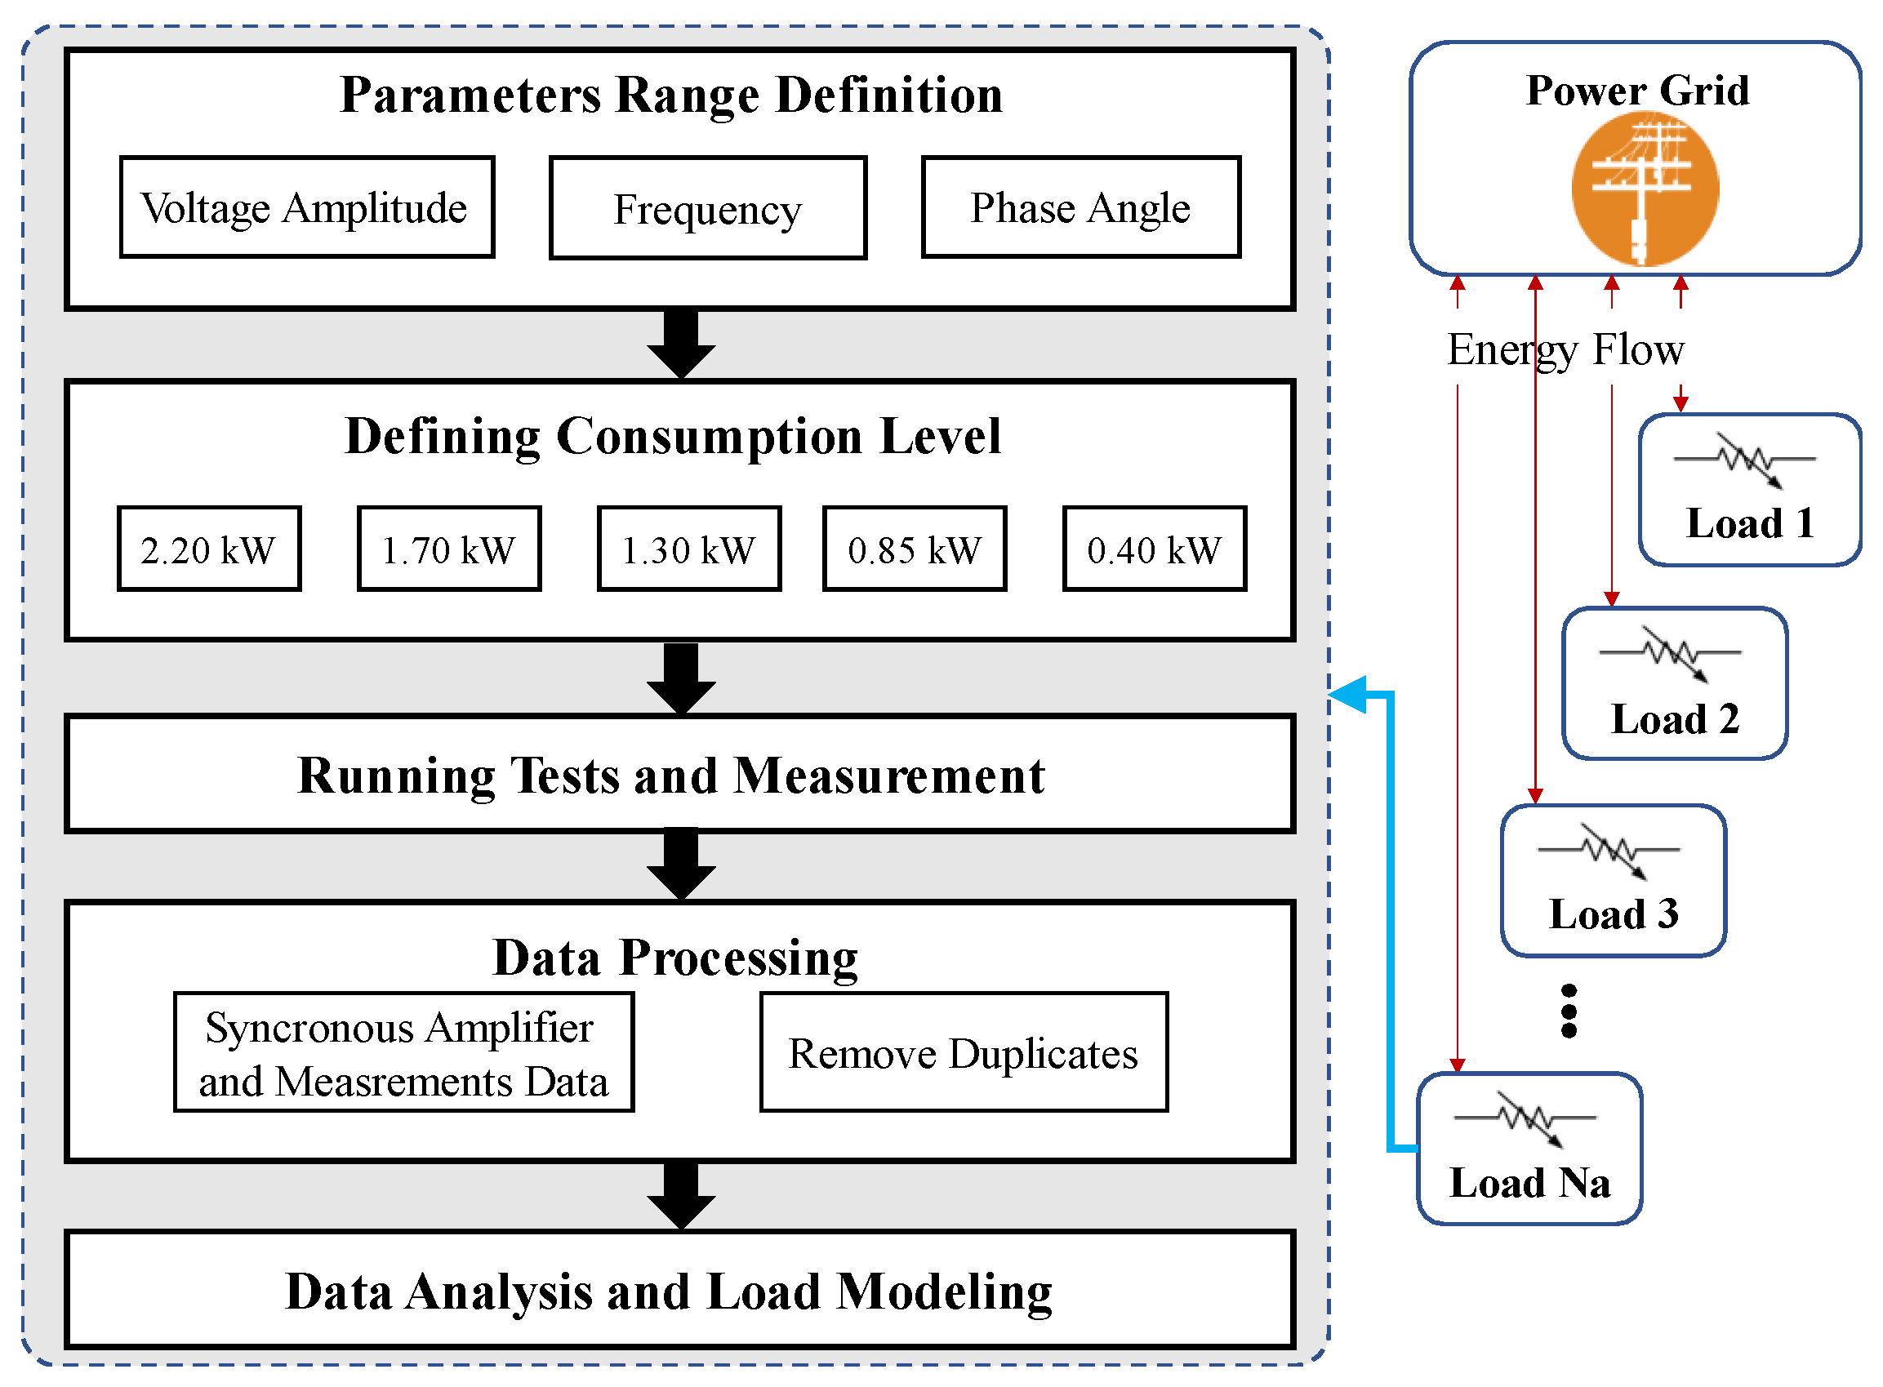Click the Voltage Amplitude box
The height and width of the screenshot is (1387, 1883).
[306, 207]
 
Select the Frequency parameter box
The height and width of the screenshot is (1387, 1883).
[707, 208]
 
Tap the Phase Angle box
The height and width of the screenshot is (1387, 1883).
[1080, 207]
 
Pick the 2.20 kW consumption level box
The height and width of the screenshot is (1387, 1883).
[208, 549]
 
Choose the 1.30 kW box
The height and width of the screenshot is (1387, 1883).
[688, 549]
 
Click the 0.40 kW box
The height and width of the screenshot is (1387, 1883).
[1154, 549]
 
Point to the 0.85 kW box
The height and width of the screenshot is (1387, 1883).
[914, 549]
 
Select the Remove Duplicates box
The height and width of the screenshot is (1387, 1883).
[964, 1052]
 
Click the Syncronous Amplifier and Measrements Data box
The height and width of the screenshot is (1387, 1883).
[403, 1052]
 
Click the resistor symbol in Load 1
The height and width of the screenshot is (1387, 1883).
[1743, 460]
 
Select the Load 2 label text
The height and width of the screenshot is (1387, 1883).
[1674, 718]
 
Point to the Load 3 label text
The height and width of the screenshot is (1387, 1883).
[1613, 914]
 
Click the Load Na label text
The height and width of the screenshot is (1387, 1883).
[1529, 1182]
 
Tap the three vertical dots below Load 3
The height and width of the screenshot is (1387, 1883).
[1568, 1011]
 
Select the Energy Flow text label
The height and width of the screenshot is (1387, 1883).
[1565, 349]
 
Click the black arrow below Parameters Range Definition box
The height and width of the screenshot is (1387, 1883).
[681, 345]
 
